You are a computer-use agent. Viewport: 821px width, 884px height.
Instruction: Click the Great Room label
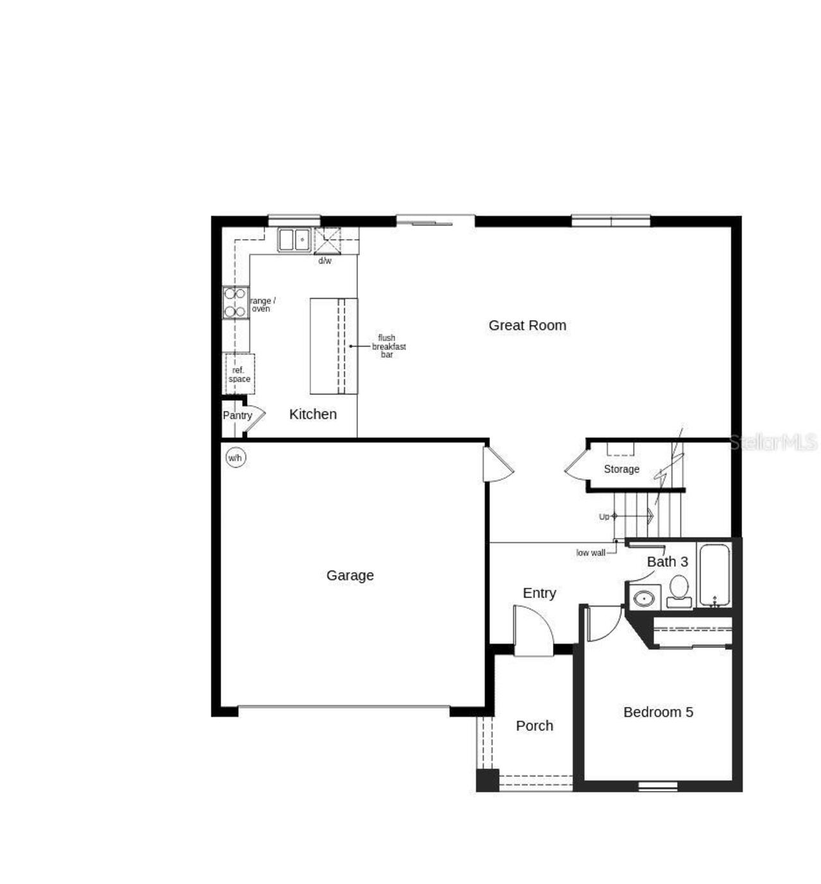[527, 326]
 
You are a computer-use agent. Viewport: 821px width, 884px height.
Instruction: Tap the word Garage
[350, 576]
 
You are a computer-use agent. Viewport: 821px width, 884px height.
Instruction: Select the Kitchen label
[313, 414]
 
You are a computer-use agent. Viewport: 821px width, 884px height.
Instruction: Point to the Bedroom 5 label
[658, 712]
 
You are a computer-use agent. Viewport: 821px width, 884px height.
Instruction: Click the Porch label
[534, 726]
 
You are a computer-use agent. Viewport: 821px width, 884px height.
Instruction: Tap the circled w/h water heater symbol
[235, 458]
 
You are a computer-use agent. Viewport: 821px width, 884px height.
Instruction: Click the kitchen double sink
[294, 240]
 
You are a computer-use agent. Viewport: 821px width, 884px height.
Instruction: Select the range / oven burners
[235, 303]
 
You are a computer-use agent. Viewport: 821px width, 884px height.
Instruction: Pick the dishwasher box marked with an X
[327, 240]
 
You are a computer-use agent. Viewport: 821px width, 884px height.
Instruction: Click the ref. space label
[239, 374]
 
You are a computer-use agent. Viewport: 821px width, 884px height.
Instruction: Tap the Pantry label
[237, 415]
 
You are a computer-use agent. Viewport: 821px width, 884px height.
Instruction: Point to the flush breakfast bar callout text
[388, 346]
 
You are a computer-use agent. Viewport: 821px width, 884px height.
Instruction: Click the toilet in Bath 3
[679, 590]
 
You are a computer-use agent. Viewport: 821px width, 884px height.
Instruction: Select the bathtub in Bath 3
[714, 574]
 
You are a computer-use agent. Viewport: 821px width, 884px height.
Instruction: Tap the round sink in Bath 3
[643, 599]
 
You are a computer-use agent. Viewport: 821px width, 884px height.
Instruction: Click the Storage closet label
[621, 469]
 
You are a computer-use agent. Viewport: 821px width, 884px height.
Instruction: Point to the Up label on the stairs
[604, 517]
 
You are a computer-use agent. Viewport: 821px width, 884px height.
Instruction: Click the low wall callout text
[590, 553]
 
